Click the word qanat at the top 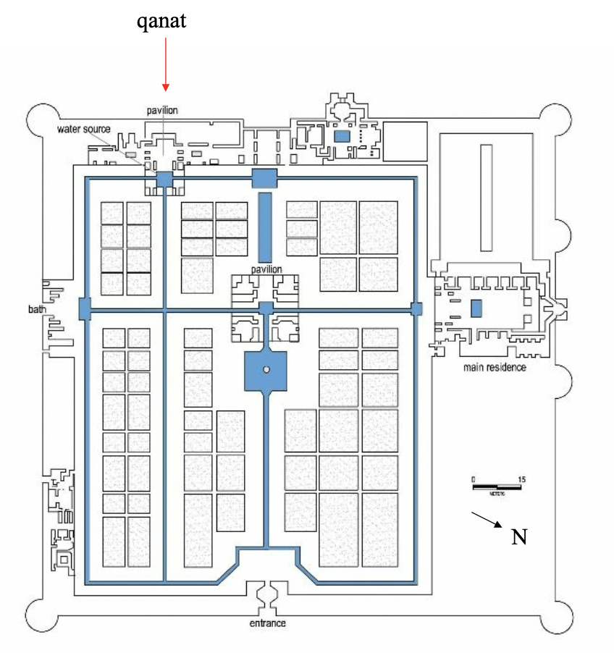pyautogui.click(x=162, y=21)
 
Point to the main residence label pyautogui.click(x=495, y=367)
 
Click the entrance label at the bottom pyautogui.click(x=266, y=623)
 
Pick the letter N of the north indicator pyautogui.click(x=519, y=536)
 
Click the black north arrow pyautogui.click(x=487, y=521)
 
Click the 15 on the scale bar pyautogui.click(x=521, y=480)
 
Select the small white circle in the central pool pyautogui.click(x=266, y=370)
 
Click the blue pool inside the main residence pyautogui.click(x=476, y=308)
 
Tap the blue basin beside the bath pyautogui.click(x=85, y=308)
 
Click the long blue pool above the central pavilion pyautogui.click(x=264, y=227)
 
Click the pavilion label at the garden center pyautogui.click(x=266, y=269)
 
